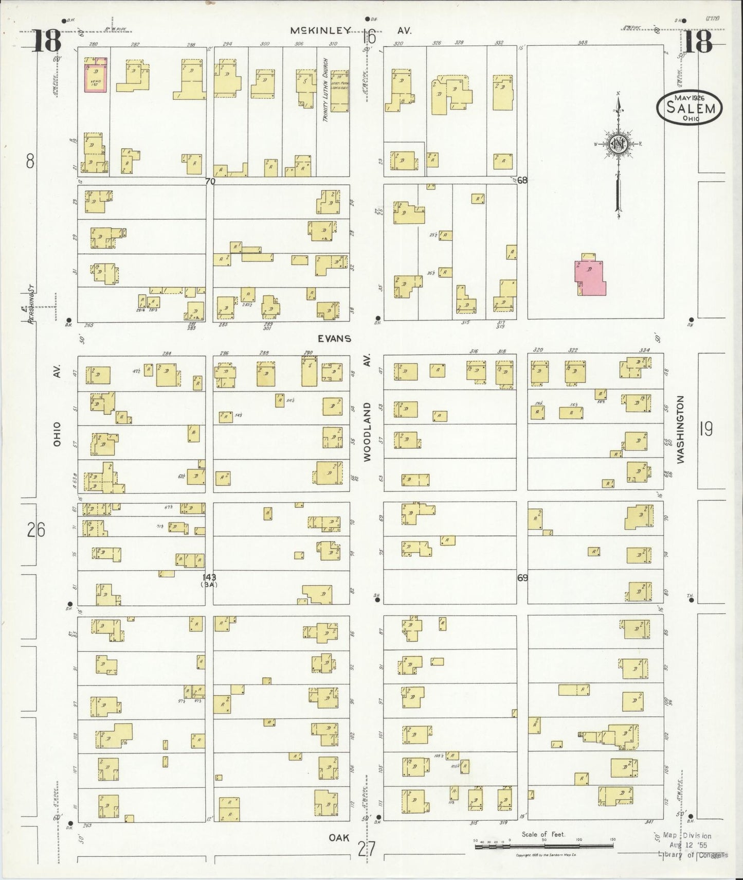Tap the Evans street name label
pyautogui.click(x=334, y=339)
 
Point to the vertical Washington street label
pyautogui.click(x=681, y=430)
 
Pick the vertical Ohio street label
pyautogui.click(x=57, y=434)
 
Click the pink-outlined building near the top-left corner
pyautogui.click(x=96, y=76)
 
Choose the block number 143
pyautogui.click(x=209, y=577)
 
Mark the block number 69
pyautogui.click(x=522, y=578)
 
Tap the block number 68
pyautogui.click(x=522, y=180)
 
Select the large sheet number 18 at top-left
pyautogui.click(x=47, y=41)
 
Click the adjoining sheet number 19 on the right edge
pyautogui.click(x=706, y=429)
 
